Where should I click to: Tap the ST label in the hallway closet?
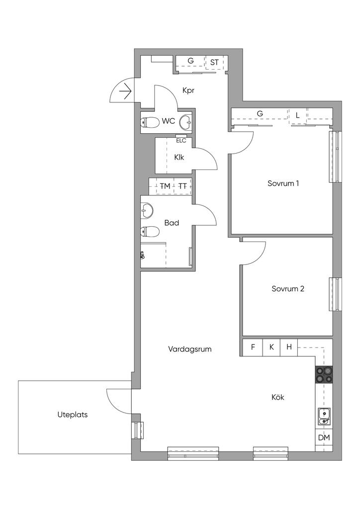point(214,62)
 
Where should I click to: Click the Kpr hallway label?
point(188,91)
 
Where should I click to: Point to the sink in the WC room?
point(186,121)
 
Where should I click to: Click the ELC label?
point(181,140)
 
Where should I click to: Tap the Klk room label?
point(180,158)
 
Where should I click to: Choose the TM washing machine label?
point(165,186)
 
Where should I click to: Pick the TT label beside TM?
point(183,186)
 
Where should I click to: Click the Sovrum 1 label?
point(283,183)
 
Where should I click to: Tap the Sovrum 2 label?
point(288,288)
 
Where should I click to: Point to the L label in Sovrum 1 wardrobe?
point(297,115)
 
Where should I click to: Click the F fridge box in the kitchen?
point(253,347)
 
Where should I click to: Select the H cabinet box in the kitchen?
point(289,347)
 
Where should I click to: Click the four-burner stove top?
point(324,374)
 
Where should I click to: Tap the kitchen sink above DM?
point(324,416)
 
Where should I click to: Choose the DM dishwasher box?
point(324,437)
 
